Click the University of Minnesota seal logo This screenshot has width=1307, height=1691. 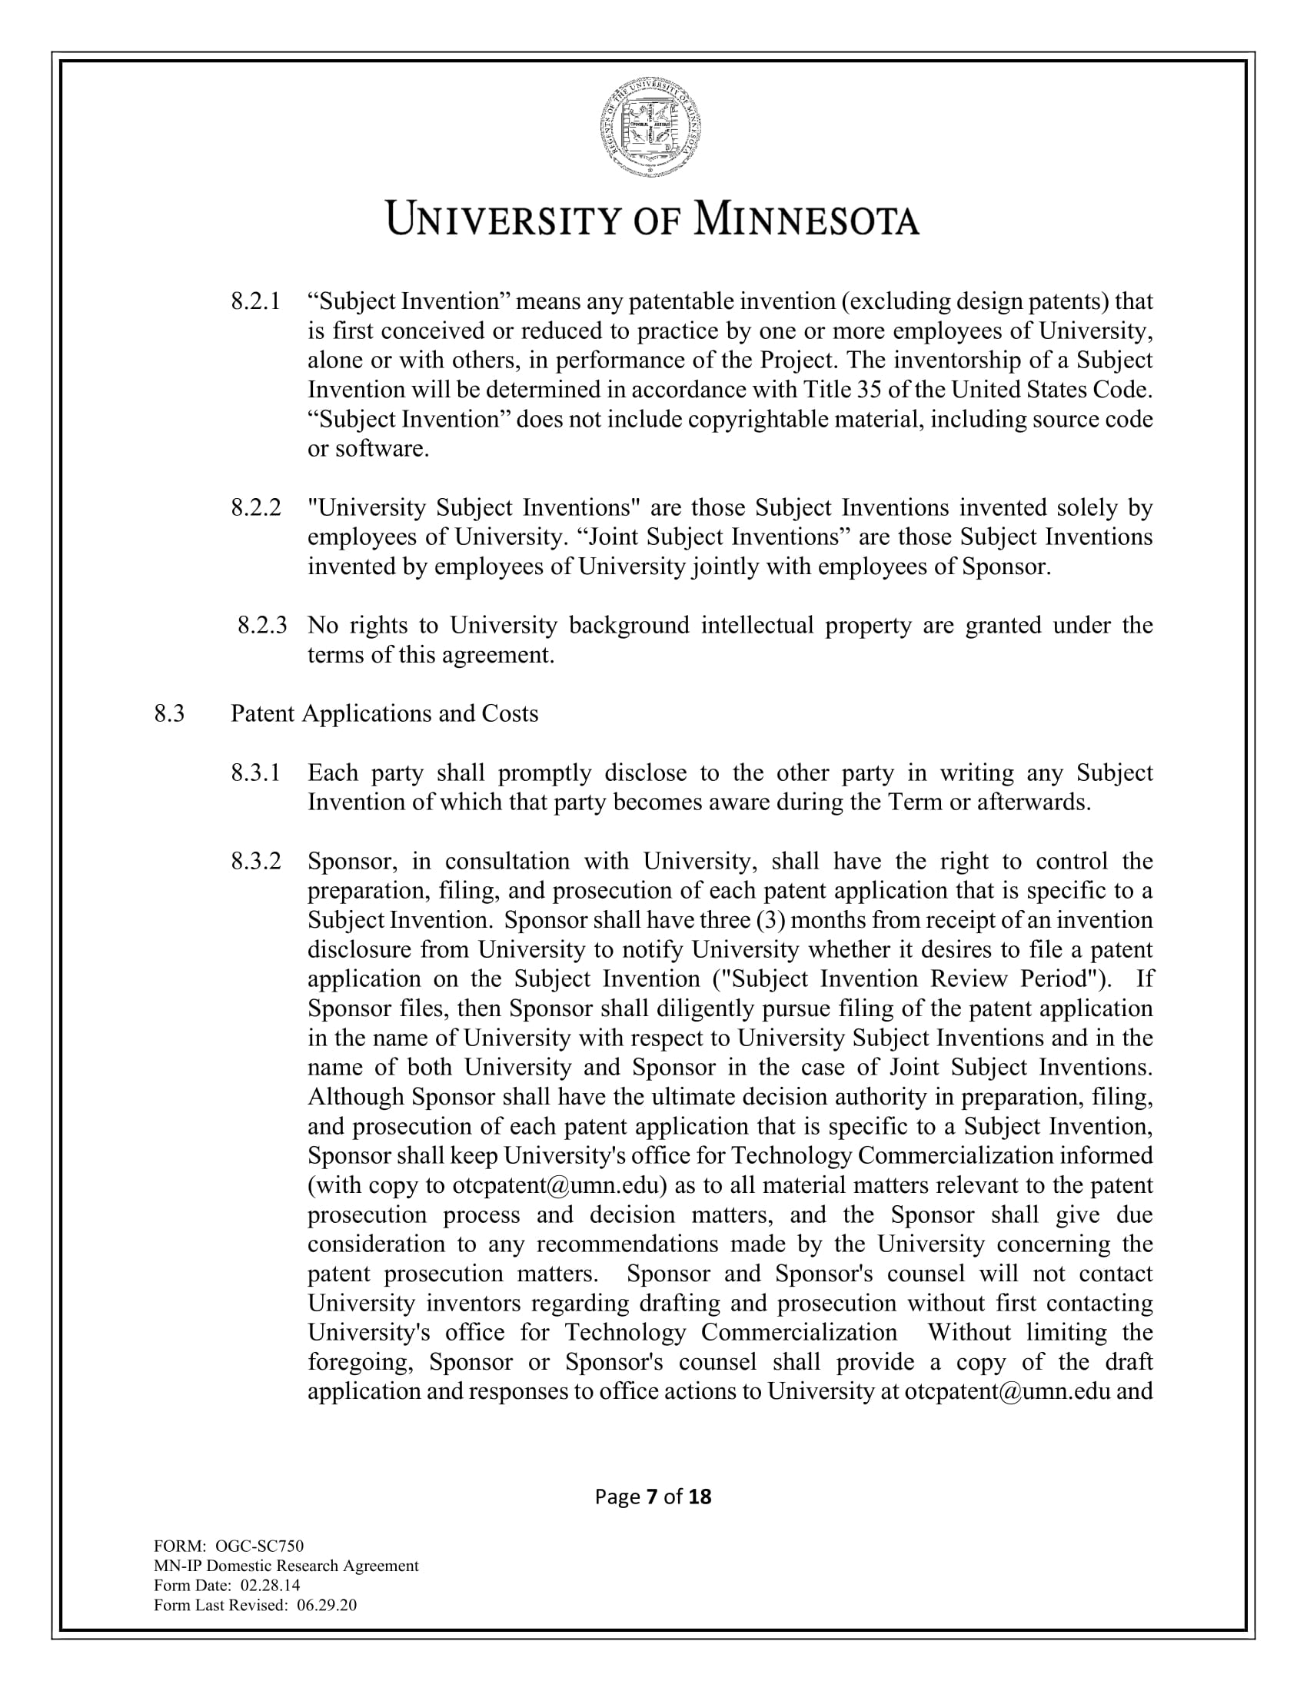651,127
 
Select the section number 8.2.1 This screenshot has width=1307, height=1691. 255,301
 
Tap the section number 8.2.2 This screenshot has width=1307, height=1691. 255,508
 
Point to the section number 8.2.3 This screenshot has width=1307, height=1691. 261,625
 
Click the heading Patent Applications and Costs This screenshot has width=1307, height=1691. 384,713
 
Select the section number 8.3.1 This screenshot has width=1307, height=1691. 255,772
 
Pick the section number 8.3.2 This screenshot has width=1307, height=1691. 255,861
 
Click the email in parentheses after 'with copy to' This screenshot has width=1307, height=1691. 560,1185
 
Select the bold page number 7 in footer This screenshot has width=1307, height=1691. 651,1497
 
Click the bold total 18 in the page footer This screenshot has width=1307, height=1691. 699,1497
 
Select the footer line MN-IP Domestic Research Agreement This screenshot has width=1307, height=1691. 286,1566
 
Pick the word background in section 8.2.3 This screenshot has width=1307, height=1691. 629,625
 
